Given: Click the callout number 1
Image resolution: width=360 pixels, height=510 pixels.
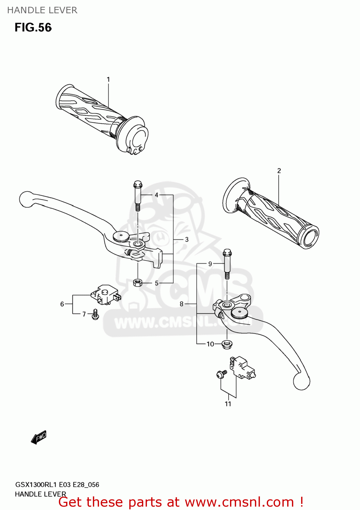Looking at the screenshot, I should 108,80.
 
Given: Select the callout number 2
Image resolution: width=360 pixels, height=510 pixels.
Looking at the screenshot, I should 279,171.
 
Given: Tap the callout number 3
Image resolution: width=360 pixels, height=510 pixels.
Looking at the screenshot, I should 187,239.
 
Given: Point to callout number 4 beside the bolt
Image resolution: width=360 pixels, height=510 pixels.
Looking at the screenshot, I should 157,195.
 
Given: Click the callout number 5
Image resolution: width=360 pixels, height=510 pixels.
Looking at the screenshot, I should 157,283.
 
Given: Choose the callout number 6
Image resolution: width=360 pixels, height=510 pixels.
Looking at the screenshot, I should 62,304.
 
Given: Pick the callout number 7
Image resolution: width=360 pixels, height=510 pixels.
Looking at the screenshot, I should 84,314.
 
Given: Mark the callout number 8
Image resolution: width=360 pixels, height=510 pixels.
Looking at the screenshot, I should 181,304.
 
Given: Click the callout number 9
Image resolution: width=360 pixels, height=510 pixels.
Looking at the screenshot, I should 210,264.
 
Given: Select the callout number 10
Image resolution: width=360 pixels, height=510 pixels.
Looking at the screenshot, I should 210,344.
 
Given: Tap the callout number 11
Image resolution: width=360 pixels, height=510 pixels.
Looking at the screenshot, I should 228,404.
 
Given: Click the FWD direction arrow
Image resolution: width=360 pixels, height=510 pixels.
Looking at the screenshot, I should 38,437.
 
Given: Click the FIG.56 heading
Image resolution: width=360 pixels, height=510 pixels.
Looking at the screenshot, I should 33,28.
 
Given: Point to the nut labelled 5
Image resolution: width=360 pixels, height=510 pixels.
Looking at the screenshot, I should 137,282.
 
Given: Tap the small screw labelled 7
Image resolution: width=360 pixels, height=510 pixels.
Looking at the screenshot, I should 95,314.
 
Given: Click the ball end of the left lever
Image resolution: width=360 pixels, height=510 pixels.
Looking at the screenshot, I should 26,199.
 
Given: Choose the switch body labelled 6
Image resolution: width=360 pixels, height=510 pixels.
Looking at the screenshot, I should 105,294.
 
